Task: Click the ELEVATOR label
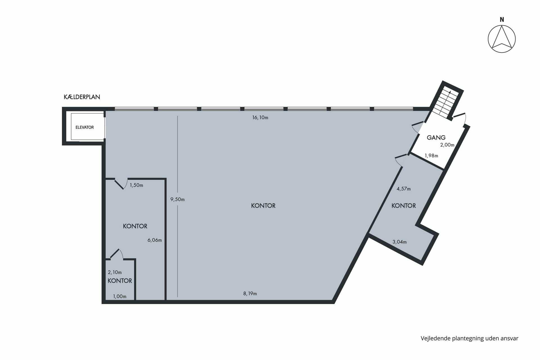pos(85,127)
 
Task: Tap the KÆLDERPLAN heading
pos(82,97)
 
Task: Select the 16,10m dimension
pos(260,118)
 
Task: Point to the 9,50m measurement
pos(177,199)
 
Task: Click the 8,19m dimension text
pos(250,294)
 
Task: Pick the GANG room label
pos(436,138)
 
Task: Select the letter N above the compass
pos(502,20)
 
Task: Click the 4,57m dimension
pos(404,189)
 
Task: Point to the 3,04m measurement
pos(399,242)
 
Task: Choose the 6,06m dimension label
pos(155,240)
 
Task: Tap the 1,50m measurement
pos(136,185)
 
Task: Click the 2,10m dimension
pos(115,272)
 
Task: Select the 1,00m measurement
pos(120,296)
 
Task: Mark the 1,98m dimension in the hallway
pos(431,156)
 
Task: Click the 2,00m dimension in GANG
pos(447,145)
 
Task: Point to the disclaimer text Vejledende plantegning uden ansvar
pos(469,338)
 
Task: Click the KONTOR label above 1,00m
pos(120,281)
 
